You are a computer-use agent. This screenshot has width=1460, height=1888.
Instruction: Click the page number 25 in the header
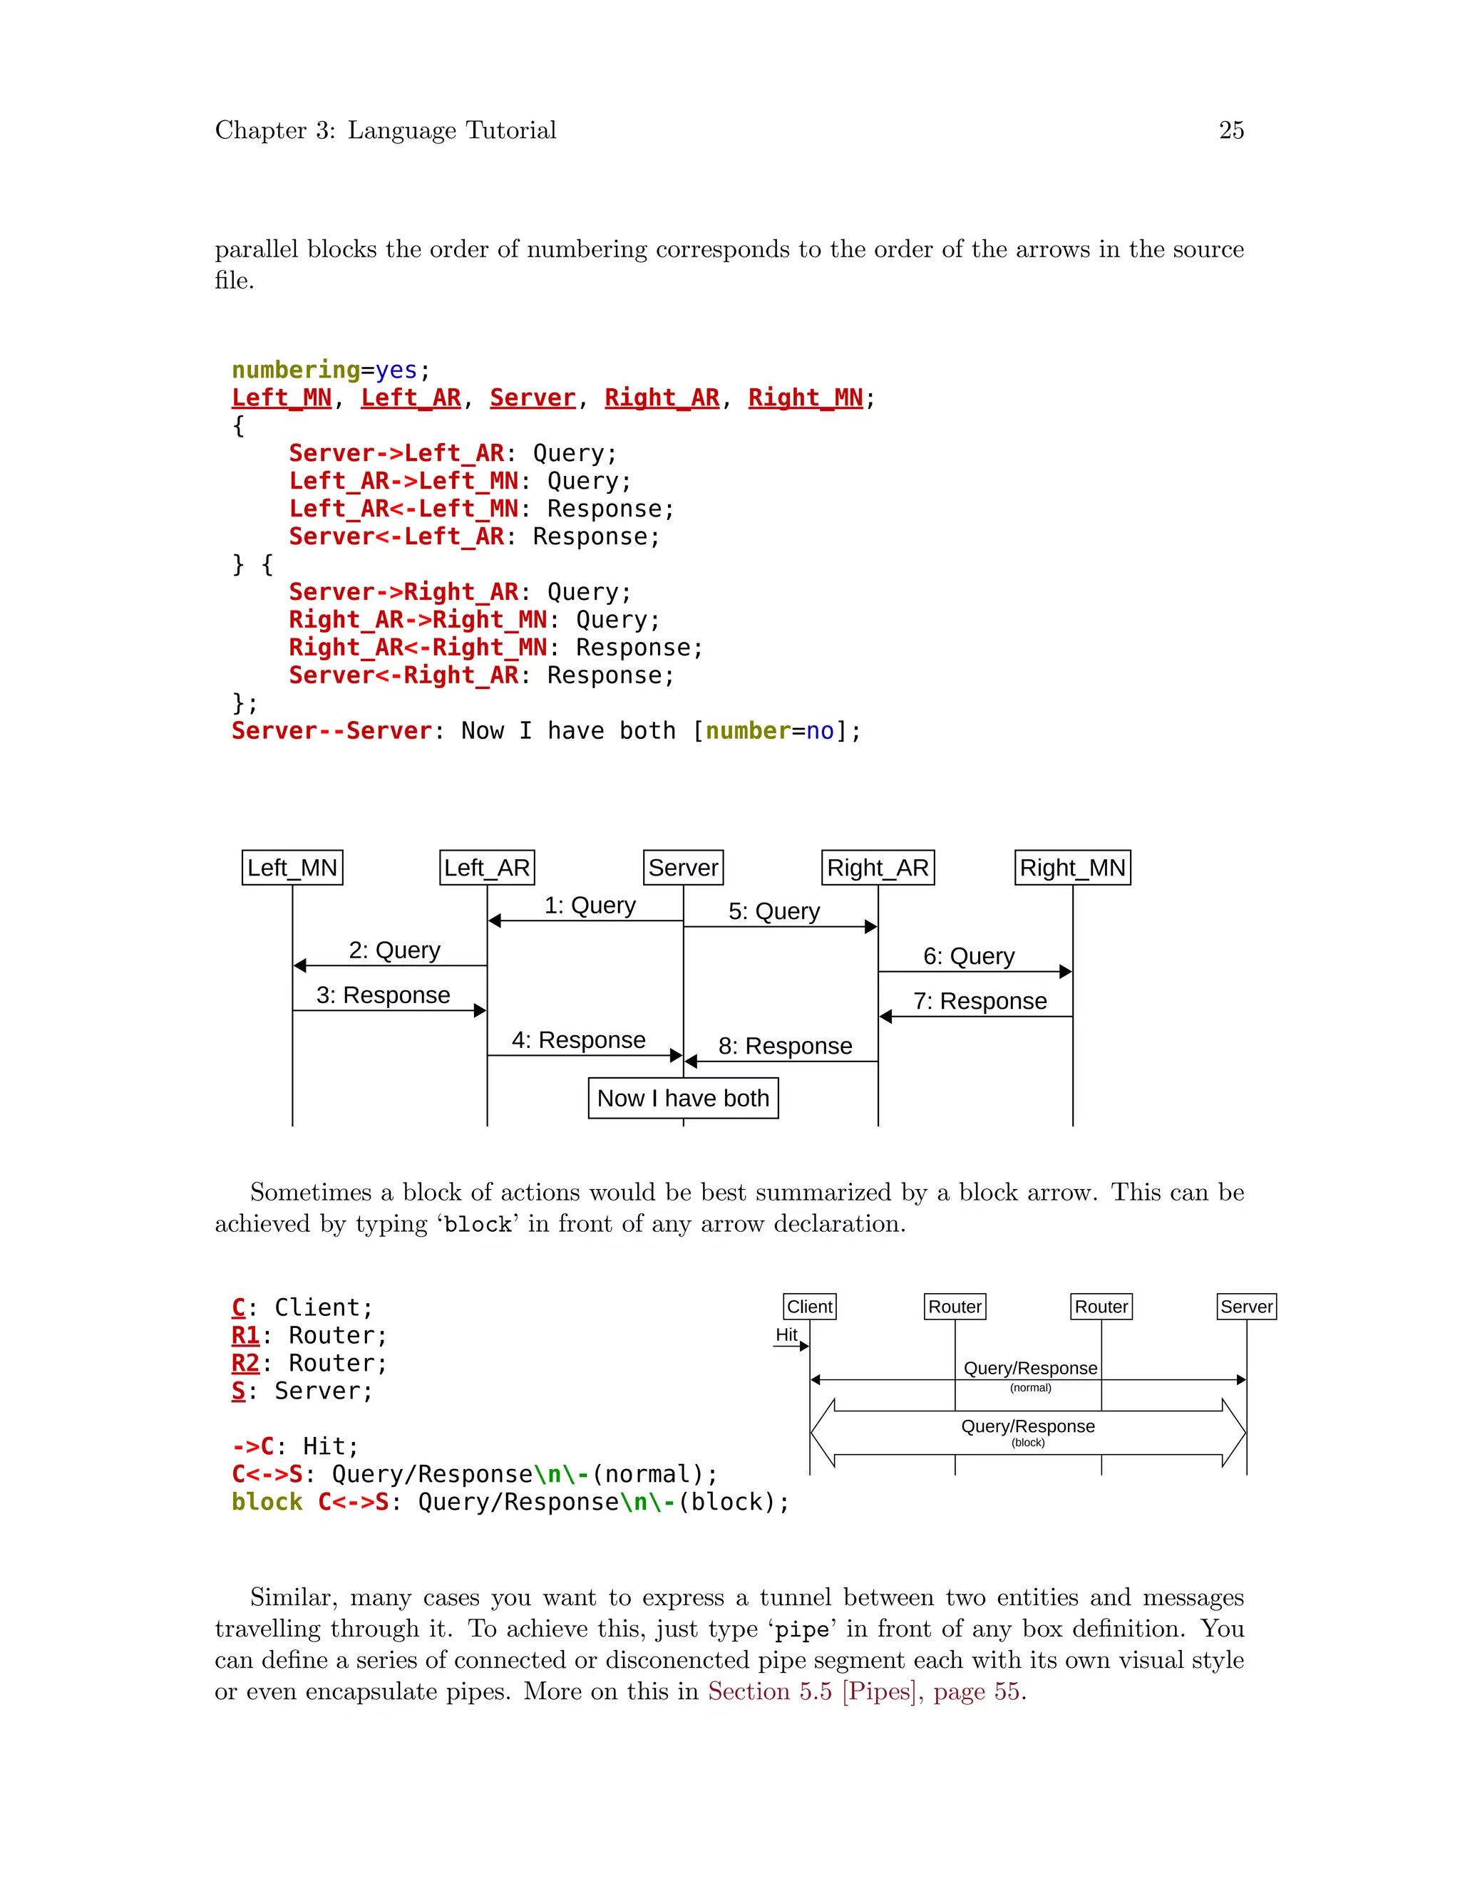click(x=1230, y=130)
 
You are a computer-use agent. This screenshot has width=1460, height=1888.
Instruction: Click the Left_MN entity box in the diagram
click(x=292, y=868)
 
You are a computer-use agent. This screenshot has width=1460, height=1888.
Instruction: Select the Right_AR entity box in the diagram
click(x=878, y=868)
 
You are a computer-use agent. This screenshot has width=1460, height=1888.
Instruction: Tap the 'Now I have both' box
click(x=683, y=1098)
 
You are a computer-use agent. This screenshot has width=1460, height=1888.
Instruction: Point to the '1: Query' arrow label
click(x=590, y=905)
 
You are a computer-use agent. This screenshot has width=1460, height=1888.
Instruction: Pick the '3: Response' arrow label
click(x=383, y=995)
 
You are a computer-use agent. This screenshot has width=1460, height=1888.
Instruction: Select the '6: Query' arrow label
click(x=969, y=956)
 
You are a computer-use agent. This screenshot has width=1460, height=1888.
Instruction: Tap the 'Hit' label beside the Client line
click(x=786, y=1334)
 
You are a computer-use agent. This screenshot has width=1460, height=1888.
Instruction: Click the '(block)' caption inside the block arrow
click(x=1029, y=1443)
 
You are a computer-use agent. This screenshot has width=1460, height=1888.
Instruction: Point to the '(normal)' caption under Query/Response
click(x=1030, y=1389)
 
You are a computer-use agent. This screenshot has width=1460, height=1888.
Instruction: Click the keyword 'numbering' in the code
click(x=296, y=370)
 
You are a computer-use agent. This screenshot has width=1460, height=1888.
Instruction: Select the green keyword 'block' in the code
click(x=267, y=1503)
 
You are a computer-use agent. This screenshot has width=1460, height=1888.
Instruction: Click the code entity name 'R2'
click(x=246, y=1363)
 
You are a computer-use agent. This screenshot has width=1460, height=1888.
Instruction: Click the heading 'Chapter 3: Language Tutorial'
click(x=386, y=130)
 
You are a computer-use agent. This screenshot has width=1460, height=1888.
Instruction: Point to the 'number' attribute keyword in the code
click(x=748, y=732)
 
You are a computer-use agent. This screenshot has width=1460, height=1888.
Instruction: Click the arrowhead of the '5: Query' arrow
click(x=871, y=927)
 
